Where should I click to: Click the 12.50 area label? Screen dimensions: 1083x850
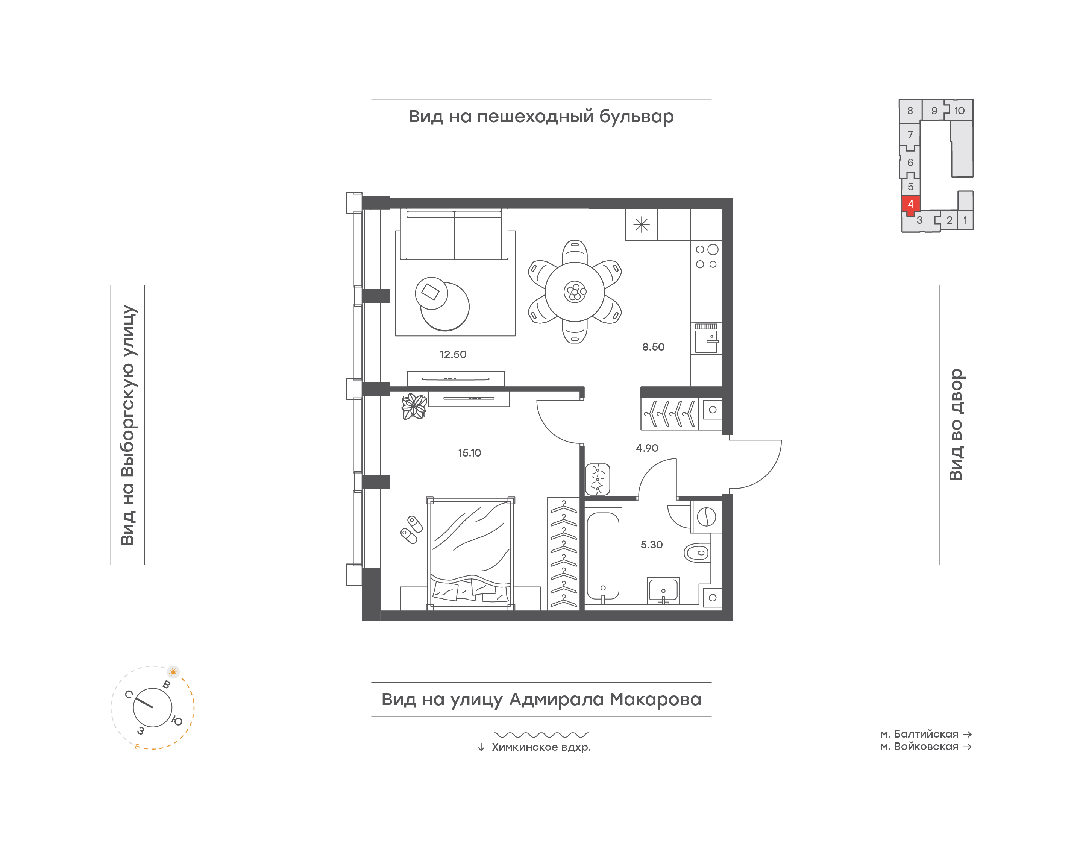coord(453,354)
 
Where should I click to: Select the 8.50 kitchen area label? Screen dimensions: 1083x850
coord(653,347)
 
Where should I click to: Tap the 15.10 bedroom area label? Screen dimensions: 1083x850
coord(470,453)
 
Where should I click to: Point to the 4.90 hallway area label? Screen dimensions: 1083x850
coord(647,448)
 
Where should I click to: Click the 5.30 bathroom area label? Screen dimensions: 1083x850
coord(651,545)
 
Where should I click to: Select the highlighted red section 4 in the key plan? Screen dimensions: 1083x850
coord(911,205)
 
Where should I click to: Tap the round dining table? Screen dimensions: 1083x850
coord(575,291)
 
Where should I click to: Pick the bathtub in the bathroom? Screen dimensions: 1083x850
coord(603,556)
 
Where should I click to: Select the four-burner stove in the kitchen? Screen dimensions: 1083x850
coord(707,257)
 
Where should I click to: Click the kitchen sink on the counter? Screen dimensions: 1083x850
coord(707,338)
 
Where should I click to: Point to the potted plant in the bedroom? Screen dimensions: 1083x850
coord(414,406)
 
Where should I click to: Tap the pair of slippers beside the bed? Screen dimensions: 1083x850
coord(411,530)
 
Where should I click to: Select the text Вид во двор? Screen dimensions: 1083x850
coord(956,425)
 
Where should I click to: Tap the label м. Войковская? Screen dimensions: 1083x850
coord(919,747)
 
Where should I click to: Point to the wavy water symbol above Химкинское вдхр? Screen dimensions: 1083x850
coord(541,734)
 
